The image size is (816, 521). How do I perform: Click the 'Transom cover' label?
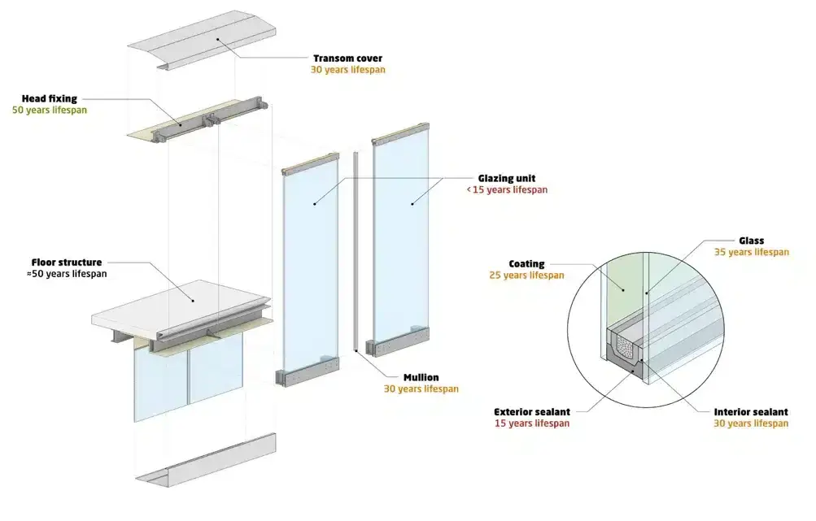(347, 59)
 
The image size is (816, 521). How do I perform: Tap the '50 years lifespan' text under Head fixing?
(50, 110)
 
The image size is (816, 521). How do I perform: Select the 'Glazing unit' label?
(506, 178)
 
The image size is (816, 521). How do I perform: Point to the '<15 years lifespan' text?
(506, 190)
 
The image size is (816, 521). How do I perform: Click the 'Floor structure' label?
(67, 263)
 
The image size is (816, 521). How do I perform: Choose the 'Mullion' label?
(421, 377)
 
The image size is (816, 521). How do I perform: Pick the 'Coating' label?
(526, 264)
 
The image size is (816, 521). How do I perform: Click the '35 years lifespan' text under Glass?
(751, 253)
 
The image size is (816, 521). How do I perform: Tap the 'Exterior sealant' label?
(531, 412)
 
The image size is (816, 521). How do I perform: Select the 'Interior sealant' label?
(749, 412)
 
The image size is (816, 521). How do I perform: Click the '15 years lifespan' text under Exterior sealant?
(531, 423)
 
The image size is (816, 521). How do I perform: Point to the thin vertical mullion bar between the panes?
(356, 252)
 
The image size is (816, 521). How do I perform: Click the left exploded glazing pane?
(310, 268)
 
